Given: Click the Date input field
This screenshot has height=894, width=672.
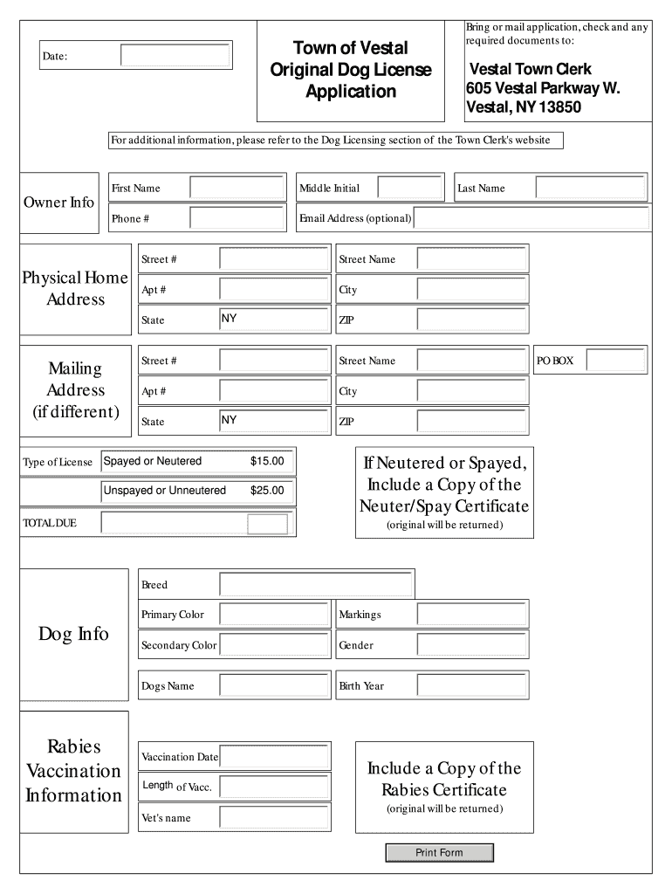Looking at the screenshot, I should coord(175,56).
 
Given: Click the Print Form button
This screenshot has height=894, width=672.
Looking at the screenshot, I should coord(439,852).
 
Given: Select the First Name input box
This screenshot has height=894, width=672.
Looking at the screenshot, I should coord(237,188).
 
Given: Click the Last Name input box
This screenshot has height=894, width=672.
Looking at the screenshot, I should coord(590,188).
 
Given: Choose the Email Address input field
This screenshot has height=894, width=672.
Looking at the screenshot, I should coord(531,218).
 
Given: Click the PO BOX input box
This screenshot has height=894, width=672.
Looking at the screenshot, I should coord(615,360).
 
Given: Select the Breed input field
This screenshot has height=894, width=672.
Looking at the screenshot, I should coord(316,584).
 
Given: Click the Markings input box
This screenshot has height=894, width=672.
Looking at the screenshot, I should coord(472,615).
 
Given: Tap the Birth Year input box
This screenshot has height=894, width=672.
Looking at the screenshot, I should coord(472,685).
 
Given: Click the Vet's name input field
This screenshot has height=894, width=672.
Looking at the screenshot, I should coord(274,817).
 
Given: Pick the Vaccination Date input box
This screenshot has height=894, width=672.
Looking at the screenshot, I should coord(274,756).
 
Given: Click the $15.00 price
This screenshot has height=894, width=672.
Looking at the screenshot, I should coord(267,461).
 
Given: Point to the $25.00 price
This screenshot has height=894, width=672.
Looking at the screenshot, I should coord(267,491).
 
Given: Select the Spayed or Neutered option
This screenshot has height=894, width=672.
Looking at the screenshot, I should coord(153,461).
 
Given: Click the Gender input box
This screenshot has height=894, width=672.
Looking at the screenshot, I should coord(472,645).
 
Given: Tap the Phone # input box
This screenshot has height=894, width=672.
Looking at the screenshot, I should coord(237,218).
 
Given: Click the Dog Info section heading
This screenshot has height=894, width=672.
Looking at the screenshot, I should coord(73,634).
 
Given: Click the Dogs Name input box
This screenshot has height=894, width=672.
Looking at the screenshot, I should coord(274,685).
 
